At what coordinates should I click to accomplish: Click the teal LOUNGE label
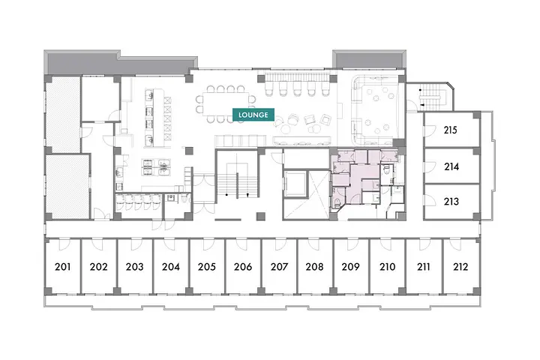click(253, 115)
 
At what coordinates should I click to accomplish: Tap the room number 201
click(63, 267)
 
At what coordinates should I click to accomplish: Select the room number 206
click(243, 267)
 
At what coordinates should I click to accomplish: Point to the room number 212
click(460, 267)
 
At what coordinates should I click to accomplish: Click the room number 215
click(450, 130)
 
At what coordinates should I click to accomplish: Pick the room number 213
click(451, 201)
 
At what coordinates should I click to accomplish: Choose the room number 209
click(350, 267)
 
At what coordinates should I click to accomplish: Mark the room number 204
click(171, 267)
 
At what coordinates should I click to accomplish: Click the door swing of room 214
click(430, 167)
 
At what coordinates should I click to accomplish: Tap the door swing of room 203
click(136, 244)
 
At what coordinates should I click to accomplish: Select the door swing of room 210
click(385, 244)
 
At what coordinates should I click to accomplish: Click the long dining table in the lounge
click(225, 104)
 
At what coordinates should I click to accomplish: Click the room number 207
click(279, 267)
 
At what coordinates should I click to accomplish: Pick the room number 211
click(424, 267)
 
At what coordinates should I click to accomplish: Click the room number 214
click(451, 166)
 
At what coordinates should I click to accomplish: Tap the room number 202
click(99, 267)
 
